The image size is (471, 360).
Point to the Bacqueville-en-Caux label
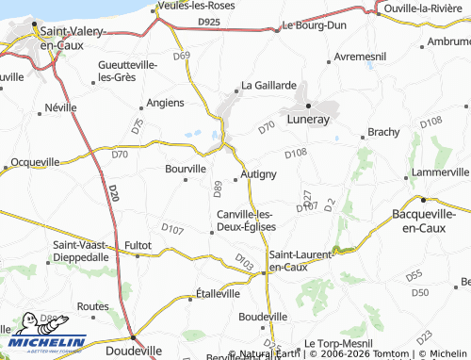click(x=430, y=221)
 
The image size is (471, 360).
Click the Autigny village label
click(x=258, y=174)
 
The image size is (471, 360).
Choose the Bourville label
click(x=185, y=169)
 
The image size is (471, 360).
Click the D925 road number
click(x=208, y=20)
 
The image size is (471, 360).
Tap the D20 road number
click(x=112, y=193)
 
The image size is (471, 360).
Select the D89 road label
click(x=218, y=188)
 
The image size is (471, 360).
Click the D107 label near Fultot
click(x=172, y=228)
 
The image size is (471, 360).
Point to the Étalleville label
click(x=218, y=294)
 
